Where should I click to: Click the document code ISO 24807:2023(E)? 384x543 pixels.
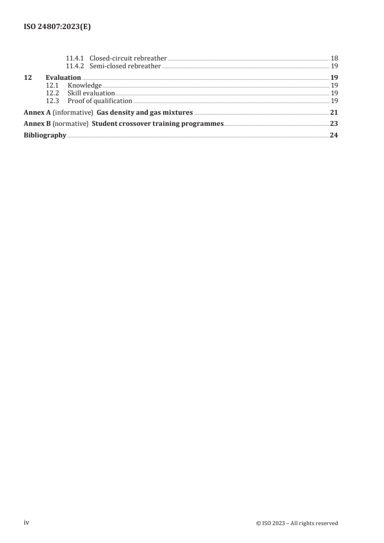pyautogui.click(x=57, y=28)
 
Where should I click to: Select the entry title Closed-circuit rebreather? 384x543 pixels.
pyautogui.click(x=128, y=59)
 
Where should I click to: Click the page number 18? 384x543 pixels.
pyautogui.click(x=334, y=59)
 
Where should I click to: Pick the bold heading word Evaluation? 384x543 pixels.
pyautogui.click(x=63, y=77)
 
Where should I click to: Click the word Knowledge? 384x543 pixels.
pyautogui.click(x=85, y=85)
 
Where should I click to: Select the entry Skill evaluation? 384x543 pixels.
pyautogui.click(x=91, y=93)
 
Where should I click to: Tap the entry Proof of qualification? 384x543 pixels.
pyautogui.click(x=100, y=101)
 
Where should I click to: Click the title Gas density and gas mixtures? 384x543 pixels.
pyautogui.click(x=148, y=113)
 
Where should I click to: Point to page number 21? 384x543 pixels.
pyautogui.click(x=334, y=113)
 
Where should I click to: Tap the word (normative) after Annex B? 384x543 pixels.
pyautogui.click(x=71, y=124)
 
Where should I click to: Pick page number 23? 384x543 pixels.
pyautogui.click(x=334, y=124)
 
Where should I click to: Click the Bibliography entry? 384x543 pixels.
pyautogui.click(x=45, y=136)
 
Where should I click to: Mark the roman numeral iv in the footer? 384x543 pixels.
pyautogui.click(x=27, y=523)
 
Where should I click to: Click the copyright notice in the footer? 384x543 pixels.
pyautogui.click(x=297, y=523)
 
